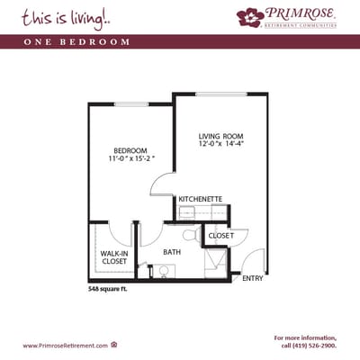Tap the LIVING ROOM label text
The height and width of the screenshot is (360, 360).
[x=217, y=137]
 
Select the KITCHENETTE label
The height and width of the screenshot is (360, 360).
[x=201, y=198]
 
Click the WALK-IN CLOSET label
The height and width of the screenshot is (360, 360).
[x=113, y=258]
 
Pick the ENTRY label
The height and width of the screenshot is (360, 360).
[x=253, y=278]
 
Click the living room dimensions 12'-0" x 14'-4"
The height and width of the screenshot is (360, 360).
[x=218, y=147]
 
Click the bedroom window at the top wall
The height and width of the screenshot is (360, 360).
[x=131, y=104]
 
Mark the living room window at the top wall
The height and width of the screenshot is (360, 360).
[x=220, y=93]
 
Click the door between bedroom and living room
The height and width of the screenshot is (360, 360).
[x=163, y=185]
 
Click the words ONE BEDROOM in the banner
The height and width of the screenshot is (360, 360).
[x=88, y=42]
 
